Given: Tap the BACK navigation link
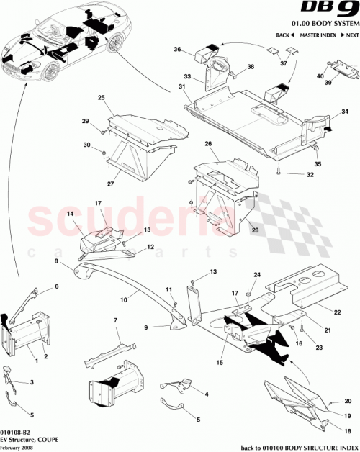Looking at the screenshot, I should point(284,35).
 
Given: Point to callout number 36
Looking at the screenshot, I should point(177,49).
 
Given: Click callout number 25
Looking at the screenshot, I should point(102,97).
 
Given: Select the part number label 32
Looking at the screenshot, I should point(310,174).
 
